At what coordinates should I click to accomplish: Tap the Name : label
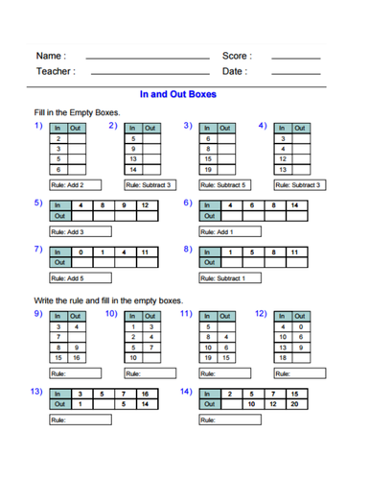[x=52, y=57]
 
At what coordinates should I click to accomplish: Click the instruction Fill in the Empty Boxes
[x=76, y=112]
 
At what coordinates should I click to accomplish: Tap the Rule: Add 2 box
[x=69, y=184]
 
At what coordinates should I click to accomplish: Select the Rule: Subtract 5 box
[x=223, y=184]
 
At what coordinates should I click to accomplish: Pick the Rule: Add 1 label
[x=217, y=231]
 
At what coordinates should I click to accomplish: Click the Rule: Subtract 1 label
[x=223, y=278]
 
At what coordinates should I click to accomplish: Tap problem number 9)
[x=38, y=313]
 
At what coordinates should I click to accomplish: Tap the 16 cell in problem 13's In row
[x=144, y=394]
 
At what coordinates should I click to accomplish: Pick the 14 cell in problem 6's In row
[x=294, y=205]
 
